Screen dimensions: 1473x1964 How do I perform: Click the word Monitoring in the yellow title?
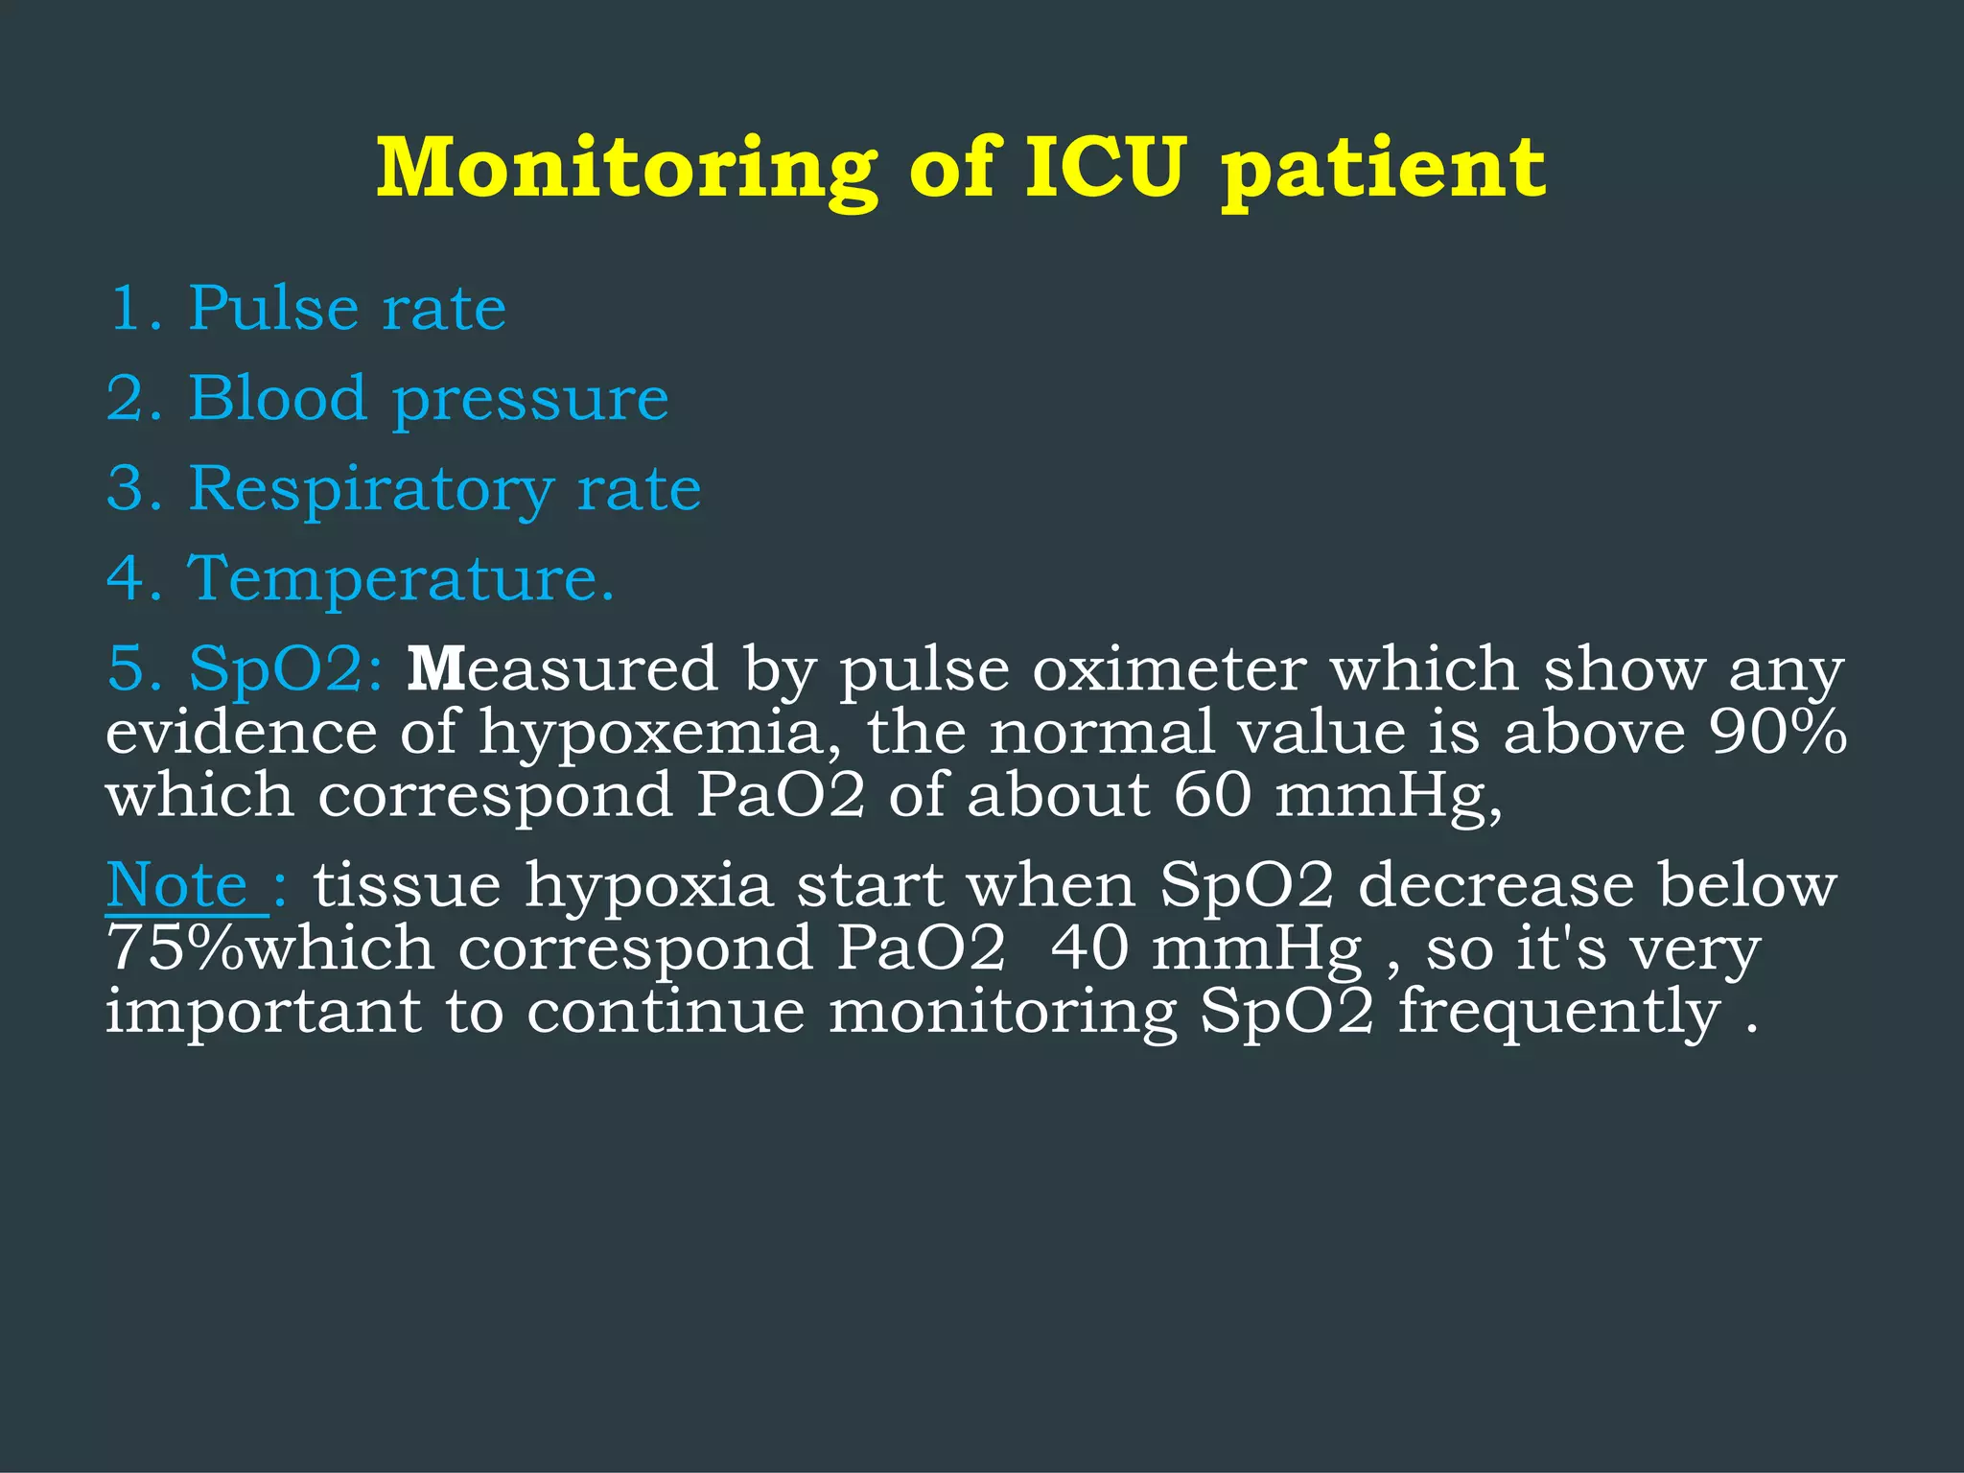click(x=626, y=170)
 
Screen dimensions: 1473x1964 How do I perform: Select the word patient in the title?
click(x=1383, y=170)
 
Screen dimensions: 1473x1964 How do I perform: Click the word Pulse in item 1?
click(x=272, y=309)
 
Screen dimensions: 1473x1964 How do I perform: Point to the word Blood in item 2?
click(x=277, y=398)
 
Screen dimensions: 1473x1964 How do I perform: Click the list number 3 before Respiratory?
click(x=127, y=488)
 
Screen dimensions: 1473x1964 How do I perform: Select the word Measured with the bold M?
click(x=562, y=669)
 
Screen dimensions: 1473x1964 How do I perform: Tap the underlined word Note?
click(x=177, y=884)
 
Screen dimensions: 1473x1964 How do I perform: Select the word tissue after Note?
click(x=407, y=885)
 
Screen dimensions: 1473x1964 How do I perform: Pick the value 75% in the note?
click(x=175, y=948)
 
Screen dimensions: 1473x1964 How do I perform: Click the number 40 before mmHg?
click(x=1089, y=948)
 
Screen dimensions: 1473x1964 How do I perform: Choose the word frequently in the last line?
click(x=1559, y=1013)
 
